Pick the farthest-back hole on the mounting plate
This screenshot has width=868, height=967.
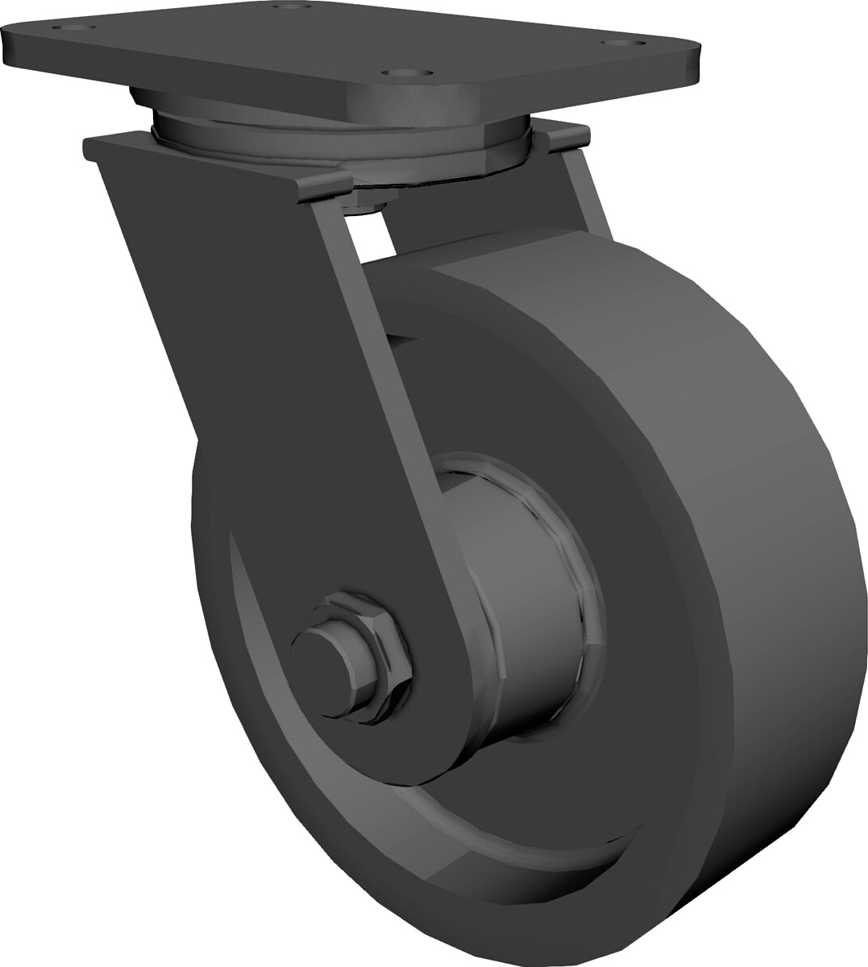[x=294, y=7]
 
